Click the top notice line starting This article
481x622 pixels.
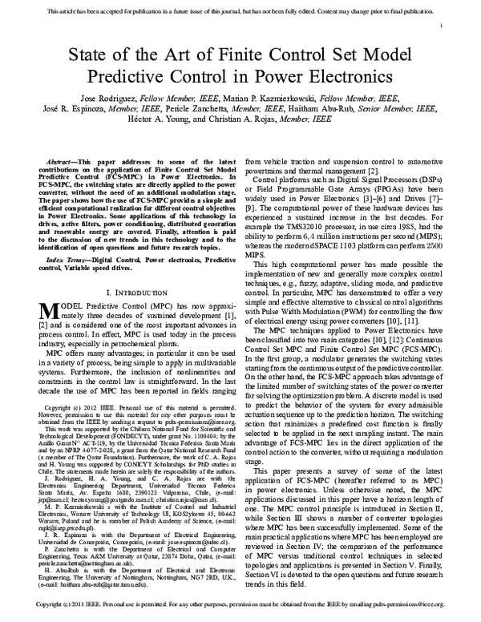[x=240, y=12]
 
